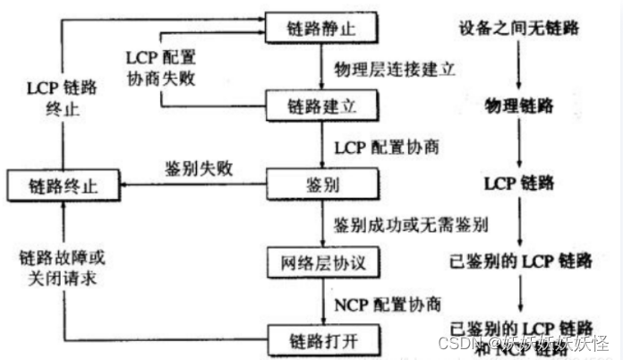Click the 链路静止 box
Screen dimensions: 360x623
322,28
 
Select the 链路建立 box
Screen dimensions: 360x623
322,106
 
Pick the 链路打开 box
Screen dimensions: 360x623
320,340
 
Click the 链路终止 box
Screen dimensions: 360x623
62,187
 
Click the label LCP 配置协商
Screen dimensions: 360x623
387,145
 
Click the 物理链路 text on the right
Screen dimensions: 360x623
519,106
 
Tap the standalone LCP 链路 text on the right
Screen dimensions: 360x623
519,184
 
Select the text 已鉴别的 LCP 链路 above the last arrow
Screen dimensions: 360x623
519,261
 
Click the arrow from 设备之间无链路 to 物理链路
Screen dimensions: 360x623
519,65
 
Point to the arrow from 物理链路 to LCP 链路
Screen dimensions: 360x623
519,143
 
